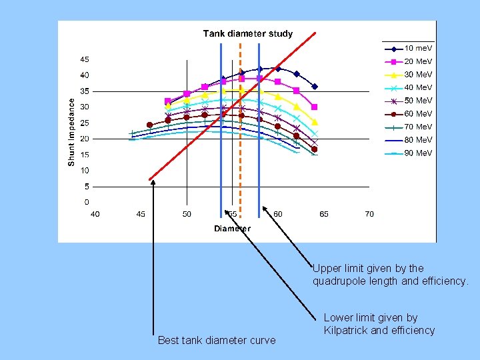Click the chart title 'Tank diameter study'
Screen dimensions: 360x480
pyautogui.click(x=247, y=33)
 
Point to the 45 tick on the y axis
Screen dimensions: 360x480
pyautogui.click(x=85, y=59)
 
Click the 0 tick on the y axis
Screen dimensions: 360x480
pyautogui.click(x=87, y=202)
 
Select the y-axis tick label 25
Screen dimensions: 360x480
pyautogui.click(x=85, y=123)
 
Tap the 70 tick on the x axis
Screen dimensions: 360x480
pyautogui.click(x=369, y=214)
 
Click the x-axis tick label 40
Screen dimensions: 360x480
pyautogui.click(x=95, y=214)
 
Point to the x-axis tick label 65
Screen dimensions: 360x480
pyautogui.click(x=323, y=214)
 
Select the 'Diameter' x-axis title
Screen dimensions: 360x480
pyautogui.click(x=232, y=229)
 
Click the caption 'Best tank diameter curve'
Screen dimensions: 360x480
pyautogui.click(x=216, y=341)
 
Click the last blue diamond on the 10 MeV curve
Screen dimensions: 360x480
pyautogui.click(x=315, y=87)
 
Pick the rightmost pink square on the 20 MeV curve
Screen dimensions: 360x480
pyautogui.click(x=315, y=107)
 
